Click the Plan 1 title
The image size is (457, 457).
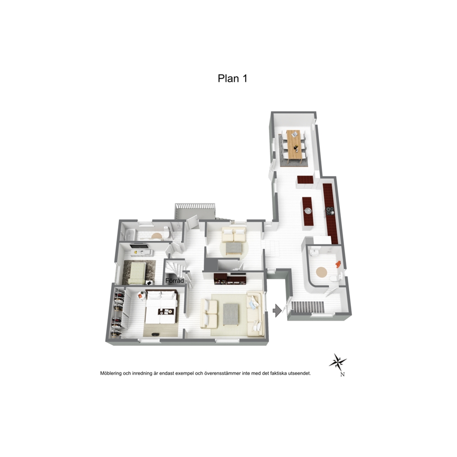coord(232,78)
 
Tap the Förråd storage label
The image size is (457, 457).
coord(175,281)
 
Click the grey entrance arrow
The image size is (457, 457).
coord(277,311)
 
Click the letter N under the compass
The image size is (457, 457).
coord(342,375)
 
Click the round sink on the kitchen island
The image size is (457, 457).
coord(307,210)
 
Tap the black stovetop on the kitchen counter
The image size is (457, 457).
coord(330,211)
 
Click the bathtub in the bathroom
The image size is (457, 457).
coord(130,234)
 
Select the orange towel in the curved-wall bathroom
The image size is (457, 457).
coord(338,264)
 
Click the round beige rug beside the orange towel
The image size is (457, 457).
coord(322,272)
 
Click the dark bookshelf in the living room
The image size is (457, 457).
coord(230,279)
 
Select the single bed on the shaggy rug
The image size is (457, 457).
coord(137,273)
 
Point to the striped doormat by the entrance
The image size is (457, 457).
coord(307,307)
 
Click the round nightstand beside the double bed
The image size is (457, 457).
coord(141,296)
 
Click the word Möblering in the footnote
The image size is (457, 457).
coord(111,373)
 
